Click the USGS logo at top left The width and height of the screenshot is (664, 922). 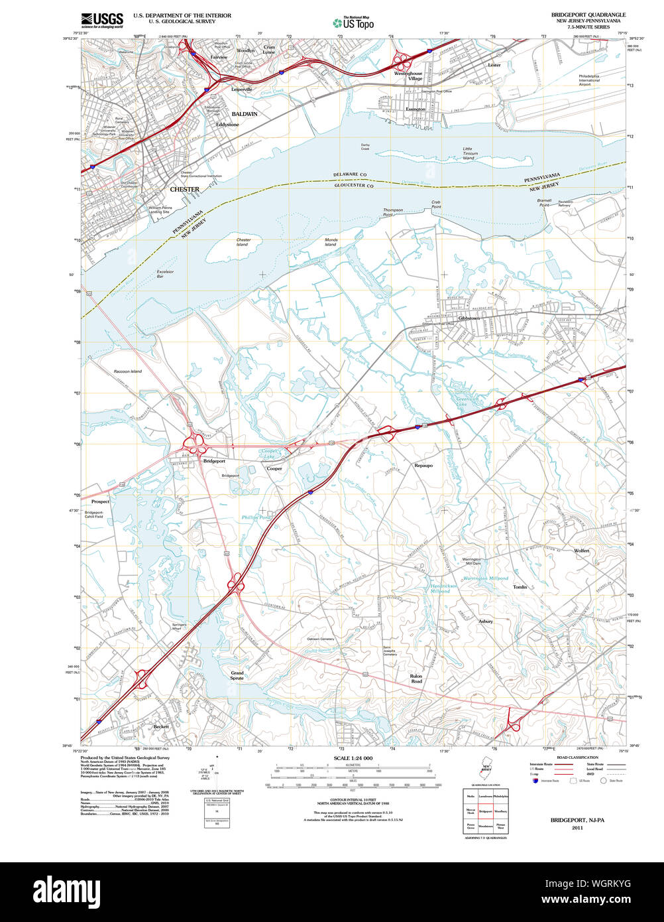click(102, 21)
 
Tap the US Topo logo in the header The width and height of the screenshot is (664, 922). click(353, 23)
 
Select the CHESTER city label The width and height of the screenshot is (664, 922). click(184, 189)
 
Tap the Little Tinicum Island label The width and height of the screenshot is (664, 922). click(469, 153)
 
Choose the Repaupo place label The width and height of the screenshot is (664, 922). click(423, 466)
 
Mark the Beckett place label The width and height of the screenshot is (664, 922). click(161, 726)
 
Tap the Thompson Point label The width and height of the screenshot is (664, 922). click(392, 212)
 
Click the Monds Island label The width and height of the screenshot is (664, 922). click(331, 242)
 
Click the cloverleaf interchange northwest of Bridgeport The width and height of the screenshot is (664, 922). click(197, 442)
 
